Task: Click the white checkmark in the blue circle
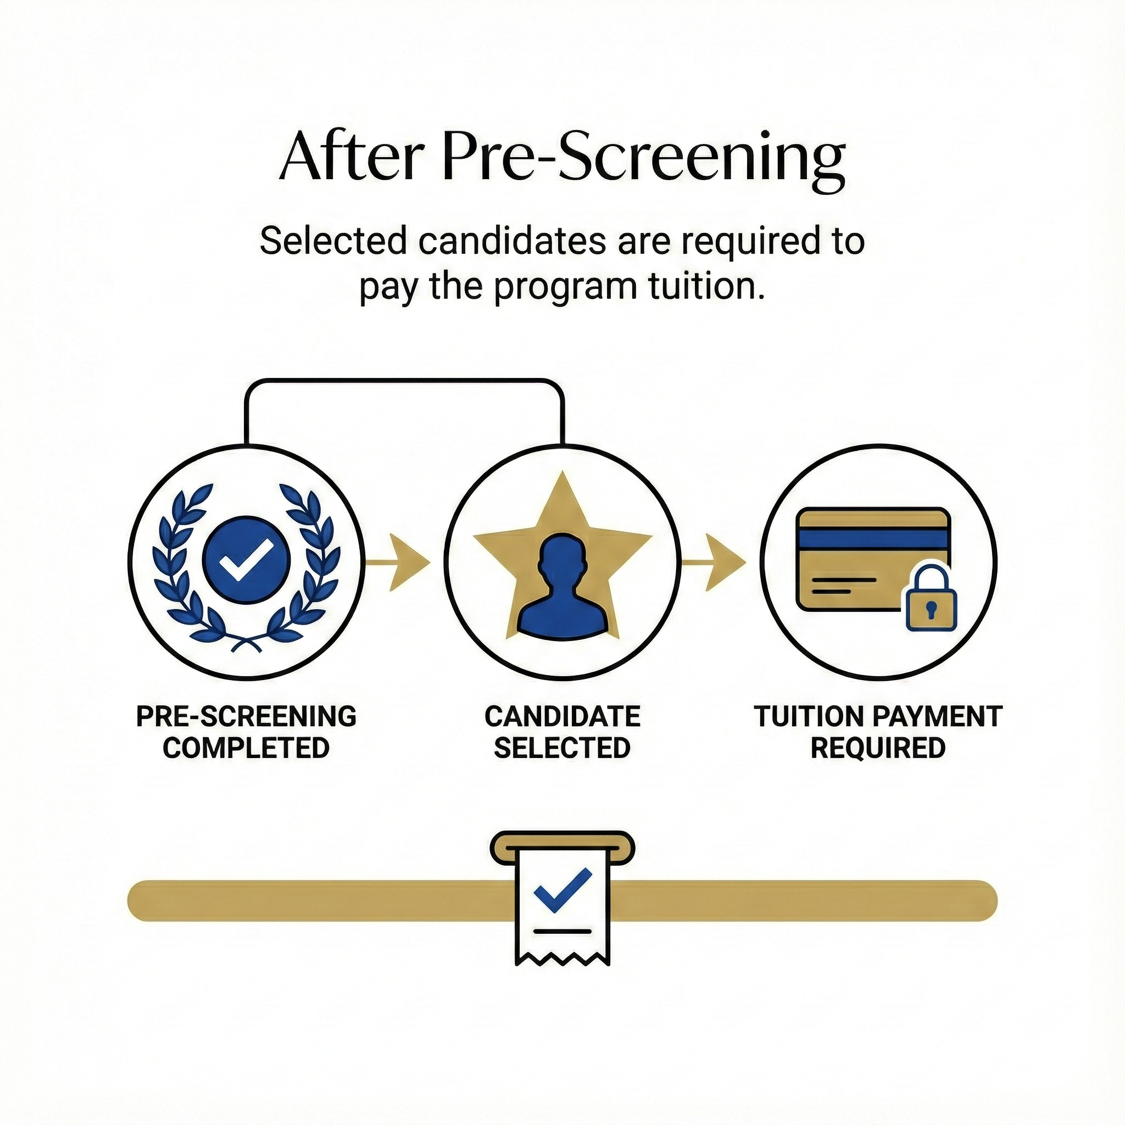pos(246,560)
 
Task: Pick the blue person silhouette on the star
pos(561,588)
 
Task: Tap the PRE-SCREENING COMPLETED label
pos(246,732)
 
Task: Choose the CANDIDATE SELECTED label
pos(562,732)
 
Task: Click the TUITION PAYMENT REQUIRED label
pos(878,732)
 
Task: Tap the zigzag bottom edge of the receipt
pos(562,959)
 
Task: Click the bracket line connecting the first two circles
pos(404,381)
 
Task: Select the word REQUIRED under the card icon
pos(878,748)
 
